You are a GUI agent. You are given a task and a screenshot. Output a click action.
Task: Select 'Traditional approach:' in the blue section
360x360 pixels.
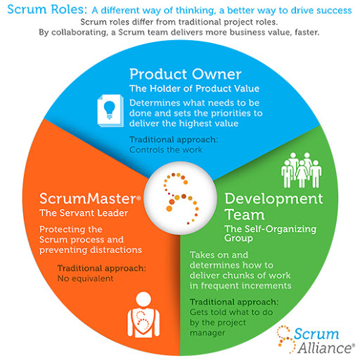click(173, 139)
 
